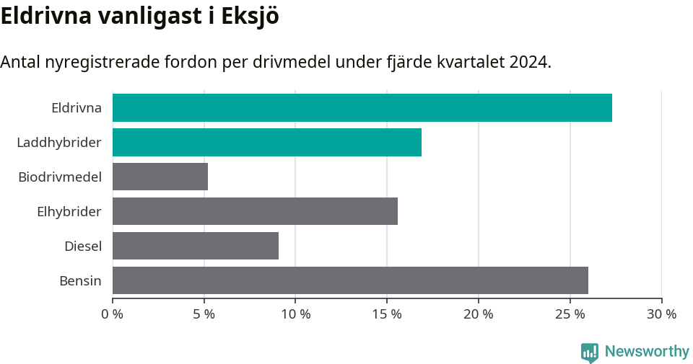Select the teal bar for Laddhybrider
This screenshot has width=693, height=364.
coord(267,143)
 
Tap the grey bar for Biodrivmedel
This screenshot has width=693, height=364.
coord(160,177)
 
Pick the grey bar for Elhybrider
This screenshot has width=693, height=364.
coord(255,211)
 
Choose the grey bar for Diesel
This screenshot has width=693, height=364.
coord(196,246)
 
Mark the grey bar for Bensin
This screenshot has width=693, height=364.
coord(350,280)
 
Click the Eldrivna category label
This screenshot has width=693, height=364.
coord(77,108)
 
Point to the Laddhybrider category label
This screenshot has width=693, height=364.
coord(59,143)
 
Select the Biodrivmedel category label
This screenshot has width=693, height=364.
coord(60,177)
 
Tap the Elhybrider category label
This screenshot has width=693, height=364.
coord(69,211)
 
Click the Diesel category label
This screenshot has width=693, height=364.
coord(83,246)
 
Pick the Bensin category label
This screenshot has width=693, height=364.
coord(80,280)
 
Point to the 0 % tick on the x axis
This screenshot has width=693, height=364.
coord(113,314)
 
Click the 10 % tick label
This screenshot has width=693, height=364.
coord(295,314)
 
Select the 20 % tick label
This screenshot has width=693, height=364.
coord(479,314)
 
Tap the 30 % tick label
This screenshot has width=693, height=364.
coord(661,314)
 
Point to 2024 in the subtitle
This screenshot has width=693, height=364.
coord(528,62)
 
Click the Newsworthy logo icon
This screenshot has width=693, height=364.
coord(590,352)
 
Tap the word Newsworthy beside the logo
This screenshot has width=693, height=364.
coord(647,352)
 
